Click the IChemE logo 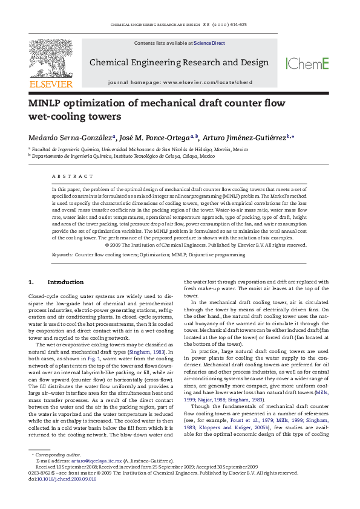[x=307, y=63]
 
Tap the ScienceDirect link [x=209, y=44]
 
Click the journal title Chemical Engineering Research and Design [x=179, y=62]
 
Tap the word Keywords [x=61, y=255]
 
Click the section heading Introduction [x=65, y=282]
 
